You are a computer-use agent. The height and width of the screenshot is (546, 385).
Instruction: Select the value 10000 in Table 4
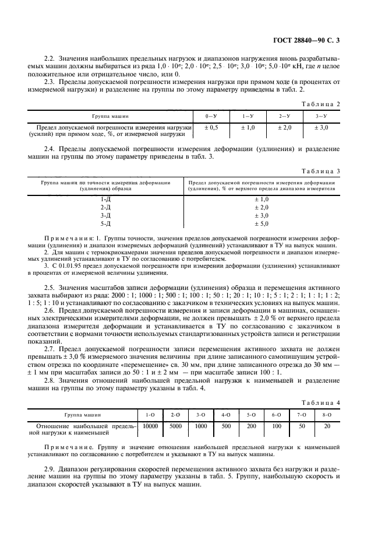(150, 426)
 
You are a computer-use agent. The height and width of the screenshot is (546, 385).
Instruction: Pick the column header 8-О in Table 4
(326, 415)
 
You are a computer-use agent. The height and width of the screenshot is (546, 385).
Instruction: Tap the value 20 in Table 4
(326, 426)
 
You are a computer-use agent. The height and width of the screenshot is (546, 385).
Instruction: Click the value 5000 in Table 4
(175, 426)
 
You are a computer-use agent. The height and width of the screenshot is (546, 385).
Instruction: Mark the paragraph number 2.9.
(50, 469)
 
